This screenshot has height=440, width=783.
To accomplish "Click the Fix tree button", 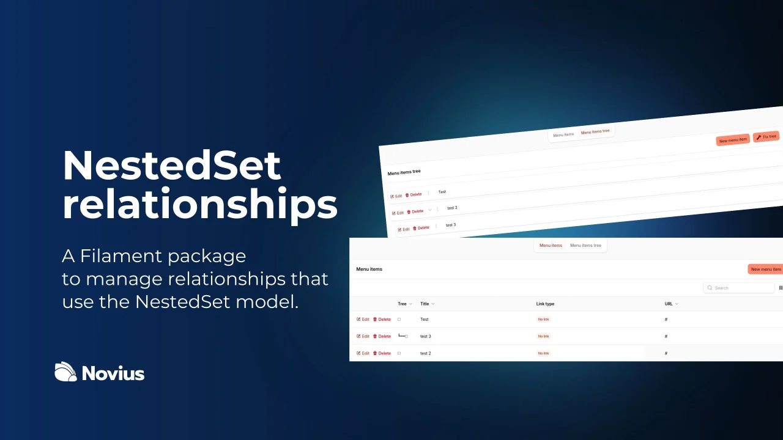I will [766, 136].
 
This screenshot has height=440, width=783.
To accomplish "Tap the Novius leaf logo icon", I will [65, 372].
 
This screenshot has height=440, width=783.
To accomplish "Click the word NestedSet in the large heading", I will [172, 166].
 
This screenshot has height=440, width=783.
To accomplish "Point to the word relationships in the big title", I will [200, 205].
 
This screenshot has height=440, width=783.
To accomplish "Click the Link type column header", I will [545, 304].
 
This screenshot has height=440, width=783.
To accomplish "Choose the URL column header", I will [671, 304].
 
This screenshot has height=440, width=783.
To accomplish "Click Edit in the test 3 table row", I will [363, 336].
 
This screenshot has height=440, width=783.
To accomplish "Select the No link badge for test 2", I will [543, 353].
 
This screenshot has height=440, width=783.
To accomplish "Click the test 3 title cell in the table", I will [426, 336].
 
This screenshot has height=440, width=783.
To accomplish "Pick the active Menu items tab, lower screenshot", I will [551, 246].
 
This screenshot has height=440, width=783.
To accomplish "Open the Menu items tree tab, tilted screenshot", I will [595, 131].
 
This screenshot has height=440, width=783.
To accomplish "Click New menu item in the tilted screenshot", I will [733, 140].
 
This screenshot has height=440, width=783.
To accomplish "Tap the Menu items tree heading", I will [404, 172].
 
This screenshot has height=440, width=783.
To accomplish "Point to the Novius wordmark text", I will [113, 373].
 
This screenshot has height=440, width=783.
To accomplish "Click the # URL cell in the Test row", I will [666, 320].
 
